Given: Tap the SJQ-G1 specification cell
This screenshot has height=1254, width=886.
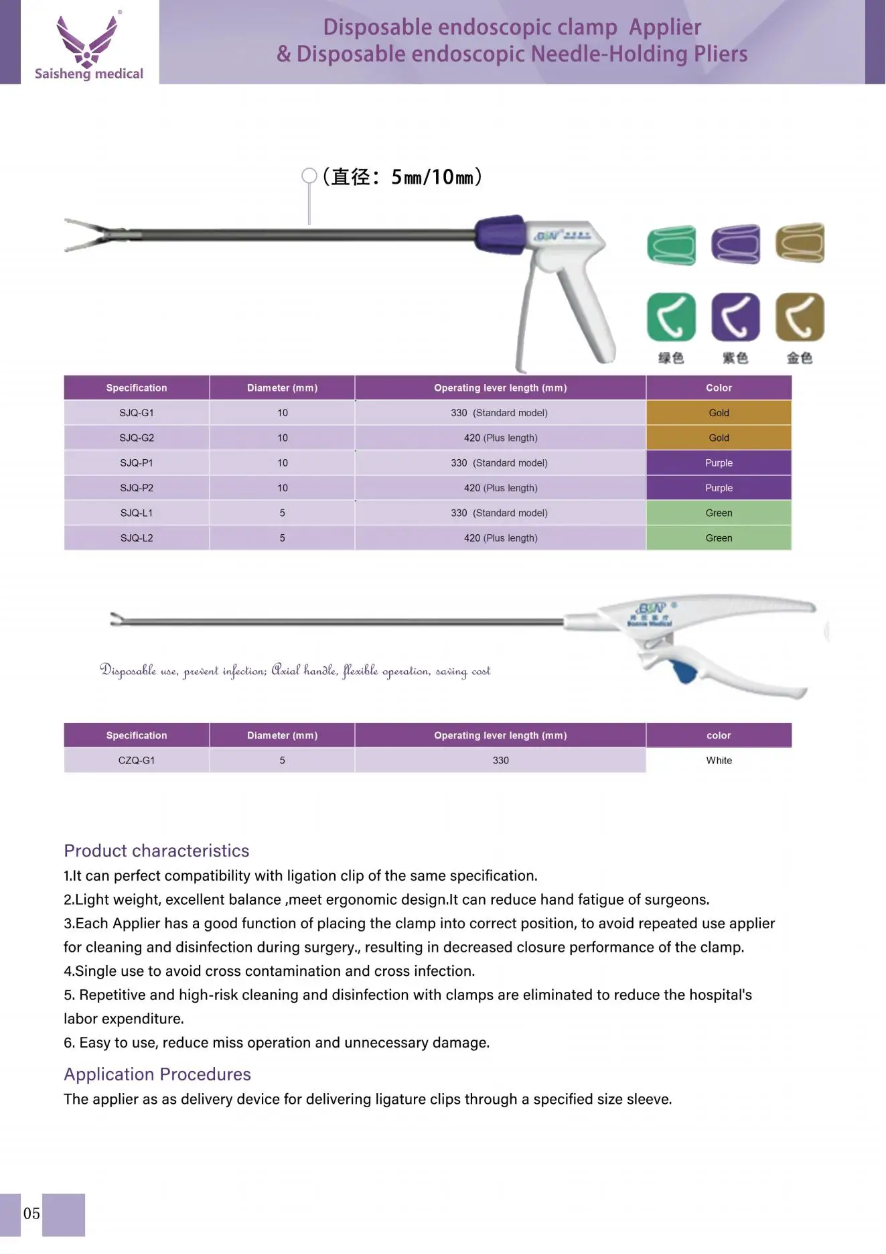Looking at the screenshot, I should pyautogui.click(x=137, y=413).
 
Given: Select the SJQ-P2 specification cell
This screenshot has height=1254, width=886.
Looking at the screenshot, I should pyautogui.click(x=137, y=488).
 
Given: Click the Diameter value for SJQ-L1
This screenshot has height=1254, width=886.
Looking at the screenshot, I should pyautogui.click(x=282, y=513).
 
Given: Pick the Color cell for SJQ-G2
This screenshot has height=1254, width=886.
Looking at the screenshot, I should pyautogui.click(x=719, y=438).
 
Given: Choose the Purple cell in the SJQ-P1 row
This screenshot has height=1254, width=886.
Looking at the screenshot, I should pyautogui.click(x=719, y=463).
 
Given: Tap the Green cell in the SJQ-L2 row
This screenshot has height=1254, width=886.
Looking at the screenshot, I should pyautogui.click(x=719, y=538).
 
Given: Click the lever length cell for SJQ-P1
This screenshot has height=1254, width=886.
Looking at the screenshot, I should pyautogui.click(x=500, y=463).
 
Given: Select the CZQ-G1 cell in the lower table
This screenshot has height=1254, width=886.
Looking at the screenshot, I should pyautogui.click(x=137, y=761).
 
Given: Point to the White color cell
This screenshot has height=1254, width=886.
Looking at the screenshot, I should pyautogui.click(x=719, y=761).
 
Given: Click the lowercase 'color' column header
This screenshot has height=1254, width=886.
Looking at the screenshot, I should pyautogui.click(x=719, y=735).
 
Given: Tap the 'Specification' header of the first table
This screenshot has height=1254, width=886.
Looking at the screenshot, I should pyautogui.click(x=137, y=388).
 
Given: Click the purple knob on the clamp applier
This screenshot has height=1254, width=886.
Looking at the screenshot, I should pyautogui.click(x=500, y=235).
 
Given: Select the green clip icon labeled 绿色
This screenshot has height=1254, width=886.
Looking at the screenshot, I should pyautogui.click(x=671, y=317).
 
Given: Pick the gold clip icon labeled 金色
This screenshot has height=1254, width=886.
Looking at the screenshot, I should pyautogui.click(x=800, y=317).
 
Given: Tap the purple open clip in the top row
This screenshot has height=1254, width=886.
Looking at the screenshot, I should pyautogui.click(x=735, y=244).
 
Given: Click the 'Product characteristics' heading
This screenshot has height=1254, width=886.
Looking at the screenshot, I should pyautogui.click(x=157, y=851).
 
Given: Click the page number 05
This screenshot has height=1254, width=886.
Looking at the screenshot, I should pyautogui.click(x=31, y=1214).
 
